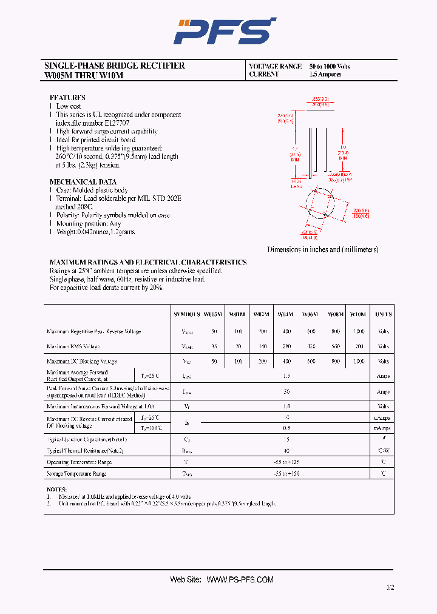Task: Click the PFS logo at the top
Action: [x=224, y=30]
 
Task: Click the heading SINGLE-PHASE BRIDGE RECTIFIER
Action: [x=115, y=66]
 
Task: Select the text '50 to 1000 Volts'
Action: [x=329, y=66]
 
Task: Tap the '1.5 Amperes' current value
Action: [x=325, y=75]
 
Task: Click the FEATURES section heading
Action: [x=67, y=98]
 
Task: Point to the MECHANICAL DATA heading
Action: [x=83, y=182]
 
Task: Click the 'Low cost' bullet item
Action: [x=69, y=106]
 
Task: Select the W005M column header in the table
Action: [x=213, y=314]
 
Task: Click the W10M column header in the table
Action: [x=358, y=314]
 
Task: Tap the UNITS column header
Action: [x=383, y=314]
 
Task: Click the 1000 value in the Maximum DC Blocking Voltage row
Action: [x=358, y=361]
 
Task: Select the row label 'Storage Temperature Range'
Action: [x=76, y=473]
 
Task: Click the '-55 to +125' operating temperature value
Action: [x=286, y=462]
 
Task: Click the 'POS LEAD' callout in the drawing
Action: [x=297, y=183]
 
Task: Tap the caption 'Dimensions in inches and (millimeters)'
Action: [x=322, y=249]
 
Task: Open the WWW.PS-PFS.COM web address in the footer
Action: [x=240, y=579]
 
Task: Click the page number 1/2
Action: [x=390, y=587]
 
